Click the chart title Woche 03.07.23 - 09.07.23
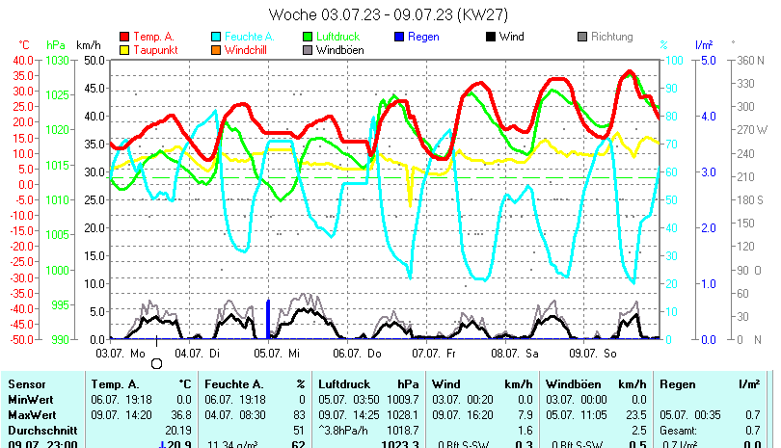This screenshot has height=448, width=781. pyautogui.click(x=389, y=14)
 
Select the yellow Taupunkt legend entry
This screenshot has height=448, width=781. pyautogui.click(x=152, y=50)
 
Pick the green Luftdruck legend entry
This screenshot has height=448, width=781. pyautogui.click(x=334, y=37)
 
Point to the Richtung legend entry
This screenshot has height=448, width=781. pyautogui.click(x=611, y=37)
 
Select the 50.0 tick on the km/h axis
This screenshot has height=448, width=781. pyautogui.click(x=94, y=60)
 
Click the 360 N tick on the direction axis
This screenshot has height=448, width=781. pyautogui.click(x=749, y=60)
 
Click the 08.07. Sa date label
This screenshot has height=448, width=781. pyautogui.click(x=514, y=354)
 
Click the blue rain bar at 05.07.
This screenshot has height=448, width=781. pyautogui.click(x=267, y=320)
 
